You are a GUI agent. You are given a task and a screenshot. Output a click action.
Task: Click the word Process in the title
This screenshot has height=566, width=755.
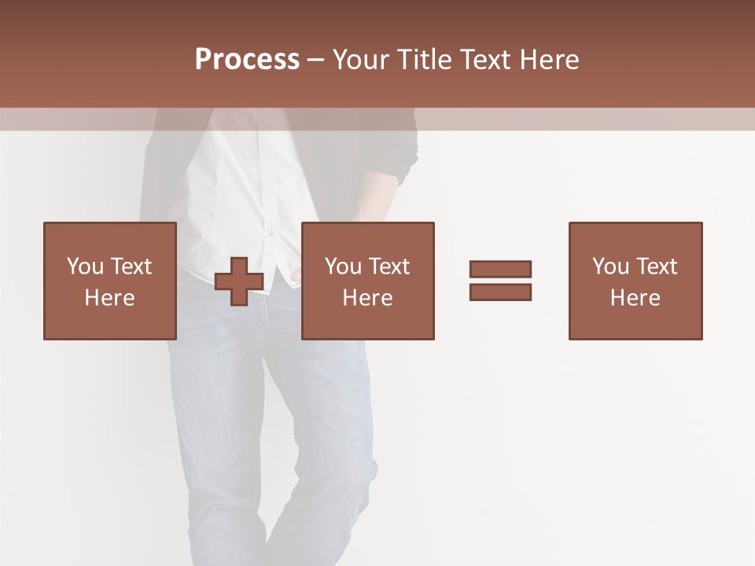(x=247, y=60)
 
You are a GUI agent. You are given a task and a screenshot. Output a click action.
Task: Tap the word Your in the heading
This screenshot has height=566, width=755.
(x=362, y=60)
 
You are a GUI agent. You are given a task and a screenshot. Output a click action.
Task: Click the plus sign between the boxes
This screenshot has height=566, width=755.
(x=239, y=281)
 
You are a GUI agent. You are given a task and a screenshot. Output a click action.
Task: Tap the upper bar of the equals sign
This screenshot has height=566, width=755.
(x=500, y=269)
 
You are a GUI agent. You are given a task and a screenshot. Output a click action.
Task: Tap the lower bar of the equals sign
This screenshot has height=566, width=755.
(x=500, y=292)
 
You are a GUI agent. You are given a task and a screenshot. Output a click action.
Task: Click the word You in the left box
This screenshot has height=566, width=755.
(x=85, y=266)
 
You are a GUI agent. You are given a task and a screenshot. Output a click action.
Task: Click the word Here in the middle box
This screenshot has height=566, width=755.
(x=367, y=298)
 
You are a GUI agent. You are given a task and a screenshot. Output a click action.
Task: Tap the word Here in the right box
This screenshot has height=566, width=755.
(x=635, y=298)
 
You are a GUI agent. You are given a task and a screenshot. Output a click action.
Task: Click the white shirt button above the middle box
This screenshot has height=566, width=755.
(x=271, y=231)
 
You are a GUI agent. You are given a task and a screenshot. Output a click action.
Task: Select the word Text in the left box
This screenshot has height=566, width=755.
(x=131, y=266)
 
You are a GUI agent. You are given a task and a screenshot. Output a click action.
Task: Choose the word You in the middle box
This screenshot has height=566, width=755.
(x=343, y=266)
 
